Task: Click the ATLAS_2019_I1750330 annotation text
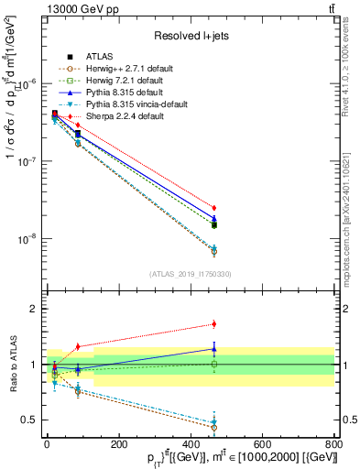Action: (x=191, y=273)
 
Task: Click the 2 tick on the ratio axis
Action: (x=35, y=309)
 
